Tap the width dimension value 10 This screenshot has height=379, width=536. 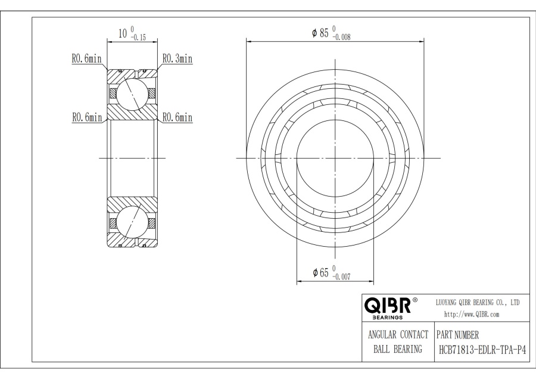tap(123, 33)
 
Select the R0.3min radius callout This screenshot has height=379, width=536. tap(177, 58)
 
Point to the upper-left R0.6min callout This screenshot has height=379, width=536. tap(86, 58)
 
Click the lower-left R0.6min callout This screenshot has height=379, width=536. tap(87, 117)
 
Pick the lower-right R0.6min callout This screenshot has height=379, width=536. tap(177, 117)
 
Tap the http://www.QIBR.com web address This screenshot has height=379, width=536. tap(472, 315)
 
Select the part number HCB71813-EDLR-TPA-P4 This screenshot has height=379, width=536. tap(482, 350)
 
